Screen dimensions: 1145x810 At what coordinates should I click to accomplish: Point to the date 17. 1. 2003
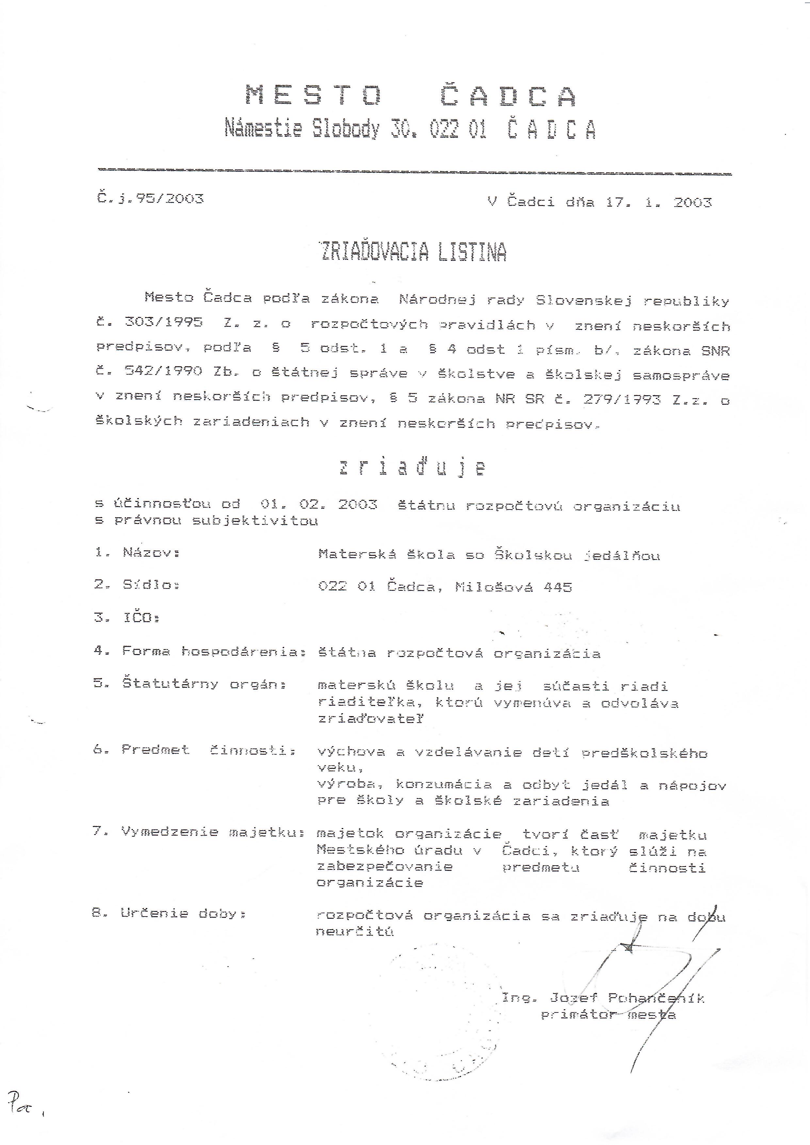658,202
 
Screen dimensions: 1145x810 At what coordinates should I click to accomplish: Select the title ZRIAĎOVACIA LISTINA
413,252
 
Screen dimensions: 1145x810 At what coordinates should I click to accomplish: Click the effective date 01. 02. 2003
318,504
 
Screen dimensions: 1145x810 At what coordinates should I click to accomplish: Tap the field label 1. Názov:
137,553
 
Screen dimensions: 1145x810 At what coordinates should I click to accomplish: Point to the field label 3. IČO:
127,618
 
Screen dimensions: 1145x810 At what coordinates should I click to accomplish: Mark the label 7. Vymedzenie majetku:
198,831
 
